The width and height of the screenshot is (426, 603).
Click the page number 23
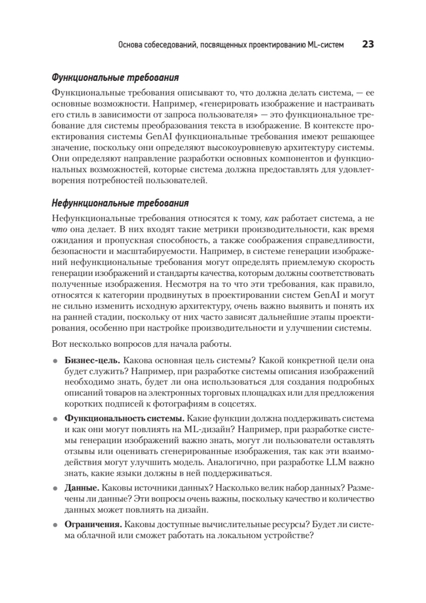point(367,45)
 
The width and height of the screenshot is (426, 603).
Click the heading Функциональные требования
point(115,78)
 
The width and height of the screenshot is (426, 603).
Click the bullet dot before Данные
point(55,488)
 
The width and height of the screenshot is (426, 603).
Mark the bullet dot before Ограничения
point(55,525)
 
